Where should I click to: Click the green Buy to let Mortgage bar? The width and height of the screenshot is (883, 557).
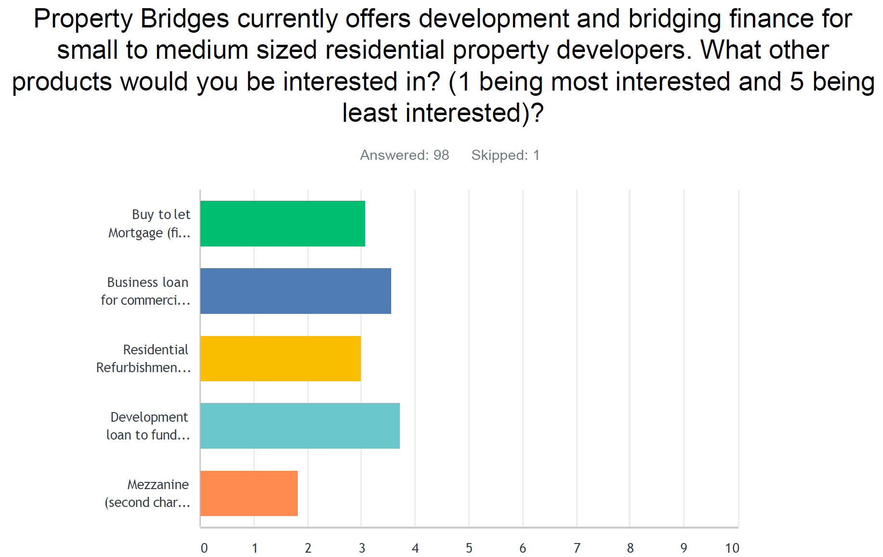coord(283,223)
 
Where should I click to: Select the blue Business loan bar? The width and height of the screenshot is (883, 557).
coord(296,291)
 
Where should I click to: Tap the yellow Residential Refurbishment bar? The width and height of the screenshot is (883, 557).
coord(280,358)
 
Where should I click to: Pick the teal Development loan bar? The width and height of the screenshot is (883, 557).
coord(300,426)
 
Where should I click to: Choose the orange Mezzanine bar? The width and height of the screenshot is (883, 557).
coord(249,493)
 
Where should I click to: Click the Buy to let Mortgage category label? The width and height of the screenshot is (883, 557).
coord(149,223)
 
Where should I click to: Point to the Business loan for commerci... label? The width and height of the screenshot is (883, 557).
coord(145,291)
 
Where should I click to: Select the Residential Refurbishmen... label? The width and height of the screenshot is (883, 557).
coord(143,358)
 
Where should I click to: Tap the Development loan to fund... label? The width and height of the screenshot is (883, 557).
coord(148,426)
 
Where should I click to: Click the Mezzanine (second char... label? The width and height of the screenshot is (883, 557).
coord(147,493)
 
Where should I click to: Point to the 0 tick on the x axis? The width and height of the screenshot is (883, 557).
coord(204,548)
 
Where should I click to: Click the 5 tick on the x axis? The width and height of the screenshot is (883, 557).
coord(469,548)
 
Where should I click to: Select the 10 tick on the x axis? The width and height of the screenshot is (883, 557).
coord(732,548)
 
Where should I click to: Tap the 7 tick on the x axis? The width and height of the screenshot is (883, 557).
coord(577,548)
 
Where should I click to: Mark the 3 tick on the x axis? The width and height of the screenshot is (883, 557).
coord(362,548)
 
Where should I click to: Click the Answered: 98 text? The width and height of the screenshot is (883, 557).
coord(405,155)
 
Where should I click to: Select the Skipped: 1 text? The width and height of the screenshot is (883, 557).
coord(505,155)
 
